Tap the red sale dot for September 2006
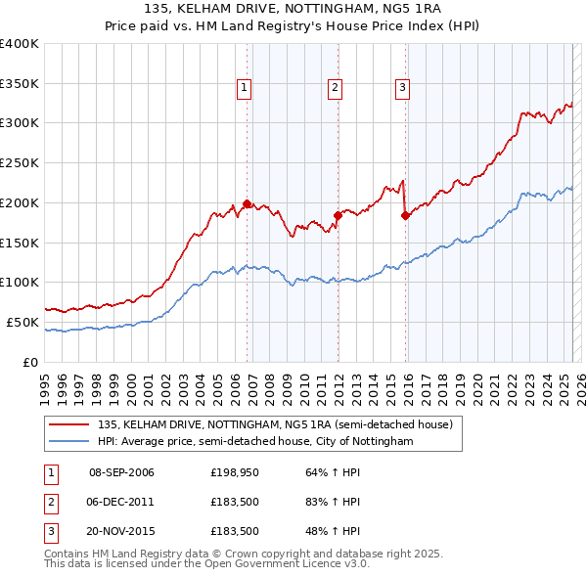coord(247,204)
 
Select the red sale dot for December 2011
coord(337,214)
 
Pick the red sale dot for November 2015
coord(405,216)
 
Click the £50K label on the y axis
coord(23,322)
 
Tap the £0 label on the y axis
coord(30,362)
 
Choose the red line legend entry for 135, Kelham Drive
coord(274,425)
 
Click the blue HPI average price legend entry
coord(255,442)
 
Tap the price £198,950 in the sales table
coord(234,472)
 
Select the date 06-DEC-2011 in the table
coord(121,502)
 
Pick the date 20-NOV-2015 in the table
coord(121,531)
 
